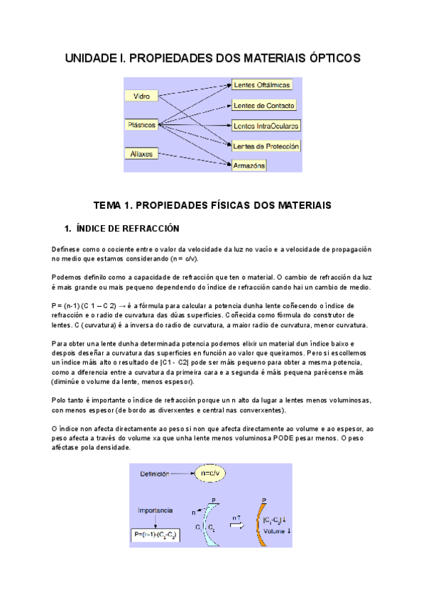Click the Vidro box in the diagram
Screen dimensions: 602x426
[142, 95]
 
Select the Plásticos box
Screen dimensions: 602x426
[142, 124]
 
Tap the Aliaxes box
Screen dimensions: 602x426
[142, 153]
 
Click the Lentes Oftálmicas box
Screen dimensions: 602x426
[262, 85]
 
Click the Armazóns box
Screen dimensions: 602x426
[249, 165]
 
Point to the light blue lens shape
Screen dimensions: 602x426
[212, 525]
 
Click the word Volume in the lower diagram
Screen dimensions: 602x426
[274, 531]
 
